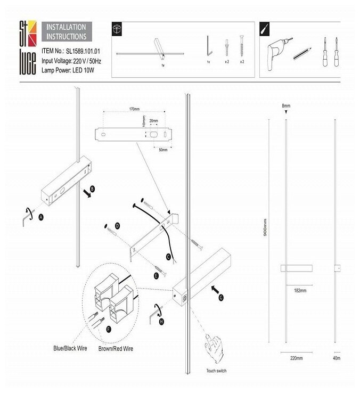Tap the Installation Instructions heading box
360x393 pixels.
pyautogui.click(x=67, y=32)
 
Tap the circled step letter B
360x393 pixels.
pyautogui.click(x=93, y=189)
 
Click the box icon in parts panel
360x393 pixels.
pyautogui.click(x=118, y=29)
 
